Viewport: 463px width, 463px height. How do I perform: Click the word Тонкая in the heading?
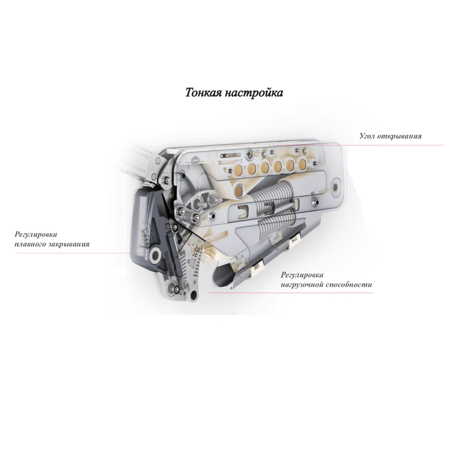(203, 93)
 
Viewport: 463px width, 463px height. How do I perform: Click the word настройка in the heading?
(254, 93)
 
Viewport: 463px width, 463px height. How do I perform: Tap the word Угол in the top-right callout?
(367, 136)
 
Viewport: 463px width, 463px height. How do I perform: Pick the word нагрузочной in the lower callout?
(302, 285)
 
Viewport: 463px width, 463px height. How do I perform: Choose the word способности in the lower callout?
(349, 285)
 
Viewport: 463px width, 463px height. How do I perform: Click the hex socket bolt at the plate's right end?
(337, 187)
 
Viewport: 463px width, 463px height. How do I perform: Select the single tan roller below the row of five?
(239, 190)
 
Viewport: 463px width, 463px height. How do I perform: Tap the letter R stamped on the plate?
(188, 167)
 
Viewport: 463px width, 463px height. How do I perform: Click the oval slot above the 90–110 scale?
(230, 155)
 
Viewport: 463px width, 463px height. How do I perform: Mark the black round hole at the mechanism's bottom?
(194, 294)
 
